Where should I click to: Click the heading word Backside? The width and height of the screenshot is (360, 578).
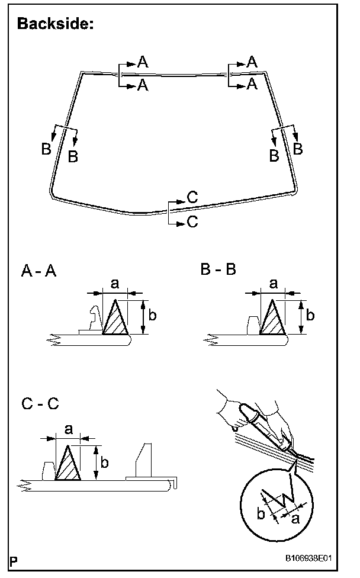tap(56, 24)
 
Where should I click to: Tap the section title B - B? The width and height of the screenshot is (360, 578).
tap(218, 269)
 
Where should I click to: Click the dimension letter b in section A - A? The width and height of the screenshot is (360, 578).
tap(152, 316)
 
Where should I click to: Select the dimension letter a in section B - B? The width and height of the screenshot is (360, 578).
tap(273, 284)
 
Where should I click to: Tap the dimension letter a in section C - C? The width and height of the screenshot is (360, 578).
tap(69, 429)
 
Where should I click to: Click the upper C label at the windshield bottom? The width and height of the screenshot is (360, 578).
tap(192, 198)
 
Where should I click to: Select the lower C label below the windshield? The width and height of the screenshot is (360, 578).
tap(192, 221)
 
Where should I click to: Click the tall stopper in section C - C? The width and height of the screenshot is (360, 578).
tap(144, 459)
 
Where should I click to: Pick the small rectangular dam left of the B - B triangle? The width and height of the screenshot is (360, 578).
tap(252, 325)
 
